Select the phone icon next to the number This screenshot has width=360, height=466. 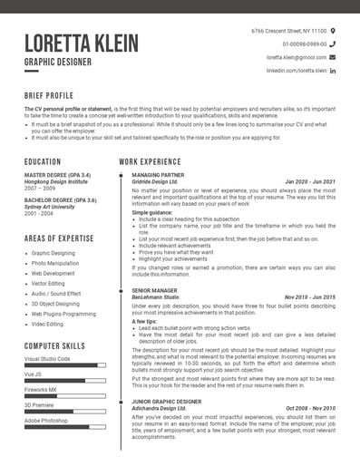[x=332, y=44]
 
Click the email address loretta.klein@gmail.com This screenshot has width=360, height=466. [x=296, y=57]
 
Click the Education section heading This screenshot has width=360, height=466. [x=43, y=161]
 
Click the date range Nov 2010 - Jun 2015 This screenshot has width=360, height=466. [x=309, y=296]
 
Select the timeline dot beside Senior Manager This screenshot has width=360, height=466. [x=121, y=289]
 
